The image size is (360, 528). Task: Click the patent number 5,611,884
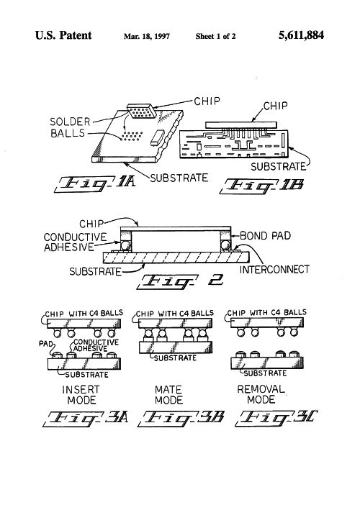tap(301, 35)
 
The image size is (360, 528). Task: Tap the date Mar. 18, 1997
tap(147, 37)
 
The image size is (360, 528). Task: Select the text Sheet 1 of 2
tap(215, 37)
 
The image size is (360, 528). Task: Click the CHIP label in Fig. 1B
tap(275, 106)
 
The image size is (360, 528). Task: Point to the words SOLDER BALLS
tap(70, 127)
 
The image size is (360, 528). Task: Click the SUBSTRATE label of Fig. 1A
tap(179, 178)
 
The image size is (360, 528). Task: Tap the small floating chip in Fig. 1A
tap(142, 111)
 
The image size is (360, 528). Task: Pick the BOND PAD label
tap(265, 236)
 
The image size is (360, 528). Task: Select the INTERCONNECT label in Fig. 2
tap(274, 269)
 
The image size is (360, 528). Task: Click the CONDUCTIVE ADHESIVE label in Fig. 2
tap(75, 242)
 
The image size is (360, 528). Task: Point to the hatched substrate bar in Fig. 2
tap(176, 258)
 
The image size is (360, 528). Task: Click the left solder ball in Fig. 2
tap(126, 245)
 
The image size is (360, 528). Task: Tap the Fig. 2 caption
tap(180, 282)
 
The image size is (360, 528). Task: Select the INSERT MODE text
tap(81, 395)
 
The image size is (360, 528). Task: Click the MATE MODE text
tap(168, 395)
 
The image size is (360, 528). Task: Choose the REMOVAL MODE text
tap(261, 394)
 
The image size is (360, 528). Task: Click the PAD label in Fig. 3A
tap(46, 344)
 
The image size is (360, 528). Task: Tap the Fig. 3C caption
tap(276, 418)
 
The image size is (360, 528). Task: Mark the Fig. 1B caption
tap(261, 186)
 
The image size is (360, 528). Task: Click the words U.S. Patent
tap(63, 35)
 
